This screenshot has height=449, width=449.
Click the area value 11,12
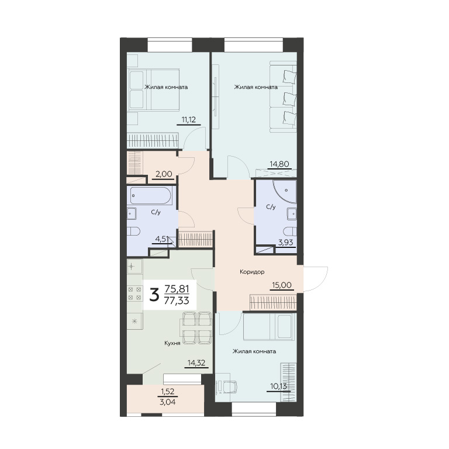pyautogui.click(x=189, y=120)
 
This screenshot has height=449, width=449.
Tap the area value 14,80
pyautogui.click(x=279, y=164)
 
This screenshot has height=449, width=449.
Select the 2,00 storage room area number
pyautogui.click(x=164, y=174)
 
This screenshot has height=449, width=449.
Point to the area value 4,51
pyautogui.click(x=161, y=239)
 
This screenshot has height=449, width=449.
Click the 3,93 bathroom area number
pyautogui.click(x=286, y=243)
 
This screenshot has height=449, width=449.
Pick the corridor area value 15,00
pyautogui.click(x=282, y=285)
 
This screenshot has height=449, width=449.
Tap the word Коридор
pyautogui.click(x=252, y=272)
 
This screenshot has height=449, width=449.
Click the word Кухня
pyautogui.click(x=172, y=343)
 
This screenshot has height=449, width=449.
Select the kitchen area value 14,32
pyautogui.click(x=196, y=363)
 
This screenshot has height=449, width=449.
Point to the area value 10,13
pyautogui.click(x=279, y=386)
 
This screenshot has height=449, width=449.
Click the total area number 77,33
pyautogui.click(x=177, y=301)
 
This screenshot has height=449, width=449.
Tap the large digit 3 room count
pyautogui.click(x=154, y=295)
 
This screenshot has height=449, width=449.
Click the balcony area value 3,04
pyautogui.click(x=168, y=402)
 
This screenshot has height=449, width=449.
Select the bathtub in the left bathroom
pyautogui.click(x=150, y=196)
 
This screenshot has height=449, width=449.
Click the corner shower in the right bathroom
pyautogui.click(x=284, y=191)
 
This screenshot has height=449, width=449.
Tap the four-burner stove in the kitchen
pyautogui.click(x=134, y=293)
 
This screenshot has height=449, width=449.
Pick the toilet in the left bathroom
pyautogui.click(x=133, y=231)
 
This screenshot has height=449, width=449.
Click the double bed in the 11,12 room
pyautogui.click(x=153, y=89)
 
